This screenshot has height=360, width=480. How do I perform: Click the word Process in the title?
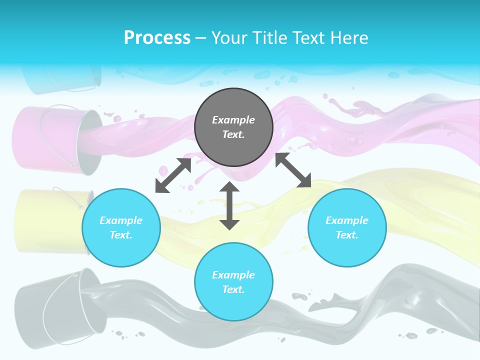click(x=157, y=38)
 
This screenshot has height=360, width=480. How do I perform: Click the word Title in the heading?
click(x=271, y=38)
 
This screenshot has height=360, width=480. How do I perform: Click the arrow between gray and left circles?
click(x=173, y=175)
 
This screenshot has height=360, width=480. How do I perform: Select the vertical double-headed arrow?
click(x=229, y=205)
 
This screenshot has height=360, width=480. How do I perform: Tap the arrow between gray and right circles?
click(x=293, y=170)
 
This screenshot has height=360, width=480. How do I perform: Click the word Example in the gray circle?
click(x=233, y=120)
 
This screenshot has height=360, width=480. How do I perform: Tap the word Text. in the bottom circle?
click(x=233, y=289)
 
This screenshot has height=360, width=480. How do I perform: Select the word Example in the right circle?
click(x=347, y=220)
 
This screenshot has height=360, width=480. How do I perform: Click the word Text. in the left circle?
click(x=121, y=235)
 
